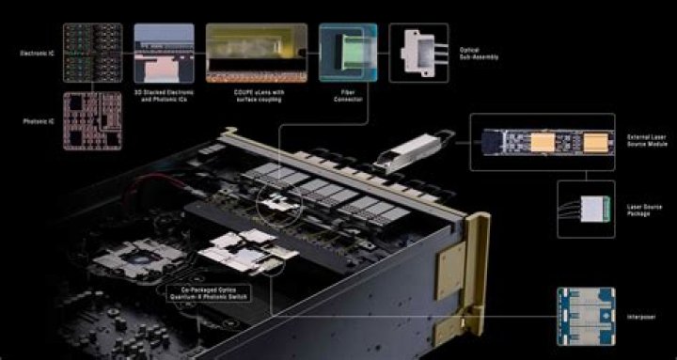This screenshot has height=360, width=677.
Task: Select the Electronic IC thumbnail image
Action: pos(93,53)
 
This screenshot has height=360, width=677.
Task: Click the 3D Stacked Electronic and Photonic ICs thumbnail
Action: pos(165,50)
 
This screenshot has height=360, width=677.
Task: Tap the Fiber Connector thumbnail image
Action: pos(347,50)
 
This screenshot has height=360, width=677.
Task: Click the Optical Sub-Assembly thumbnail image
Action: pos(418,50)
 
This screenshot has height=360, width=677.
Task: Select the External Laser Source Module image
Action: pos(543,142)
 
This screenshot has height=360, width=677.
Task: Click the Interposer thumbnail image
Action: pos(586,316)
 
